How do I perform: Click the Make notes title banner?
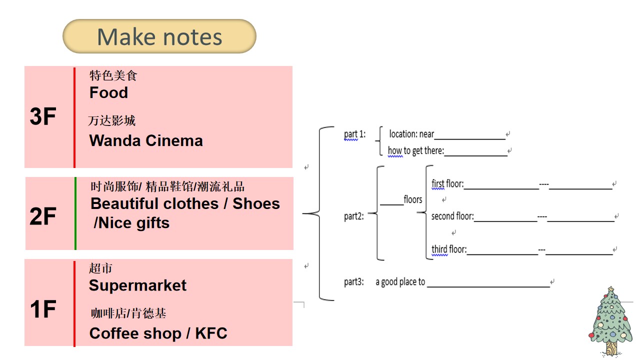(159, 36)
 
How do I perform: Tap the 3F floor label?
(43, 116)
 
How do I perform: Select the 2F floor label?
(43, 216)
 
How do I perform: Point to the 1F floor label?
(43, 309)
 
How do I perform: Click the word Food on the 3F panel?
(108, 92)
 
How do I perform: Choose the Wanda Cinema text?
(146, 140)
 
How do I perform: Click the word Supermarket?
(137, 285)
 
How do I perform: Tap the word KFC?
(211, 333)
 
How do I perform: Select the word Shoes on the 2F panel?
(256, 203)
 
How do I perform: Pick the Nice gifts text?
(131, 223)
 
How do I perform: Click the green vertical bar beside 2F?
(75, 213)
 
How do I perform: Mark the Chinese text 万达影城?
(111, 120)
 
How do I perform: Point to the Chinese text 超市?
(100, 268)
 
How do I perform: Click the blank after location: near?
(469, 139)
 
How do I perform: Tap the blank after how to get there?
(475, 155)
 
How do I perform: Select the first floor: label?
(447, 183)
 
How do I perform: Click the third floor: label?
(449, 249)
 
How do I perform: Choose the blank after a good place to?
(488, 286)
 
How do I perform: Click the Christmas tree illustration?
(610, 321)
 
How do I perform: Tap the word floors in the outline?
(413, 199)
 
